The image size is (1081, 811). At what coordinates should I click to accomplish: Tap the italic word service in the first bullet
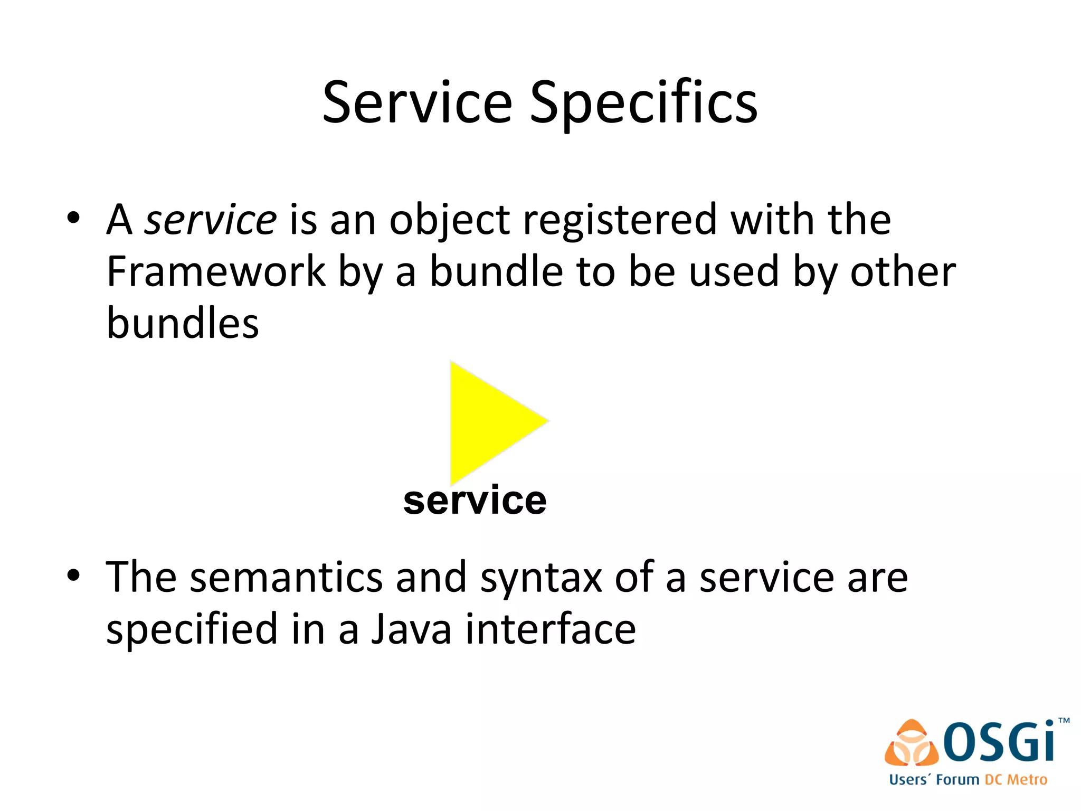tap(211, 220)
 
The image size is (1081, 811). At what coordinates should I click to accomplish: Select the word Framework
tap(216, 272)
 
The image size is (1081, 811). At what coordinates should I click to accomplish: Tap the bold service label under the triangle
tap(475, 501)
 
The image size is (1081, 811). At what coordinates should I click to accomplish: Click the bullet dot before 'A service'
tap(74, 218)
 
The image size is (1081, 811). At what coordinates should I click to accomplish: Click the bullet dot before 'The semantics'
tap(74, 575)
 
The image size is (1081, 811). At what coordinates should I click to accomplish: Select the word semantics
tap(286, 578)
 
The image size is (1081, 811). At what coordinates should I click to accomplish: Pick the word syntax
tap(540, 578)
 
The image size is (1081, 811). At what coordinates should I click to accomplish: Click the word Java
tap(412, 629)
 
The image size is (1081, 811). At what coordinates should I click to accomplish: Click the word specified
tap(192, 629)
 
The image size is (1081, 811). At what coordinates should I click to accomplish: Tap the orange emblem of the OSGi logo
tap(912, 743)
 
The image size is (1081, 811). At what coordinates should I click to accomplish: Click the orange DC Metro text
tap(1016, 780)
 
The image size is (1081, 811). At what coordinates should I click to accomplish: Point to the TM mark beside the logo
tap(1064, 720)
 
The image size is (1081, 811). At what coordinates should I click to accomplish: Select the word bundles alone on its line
tap(183, 323)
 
